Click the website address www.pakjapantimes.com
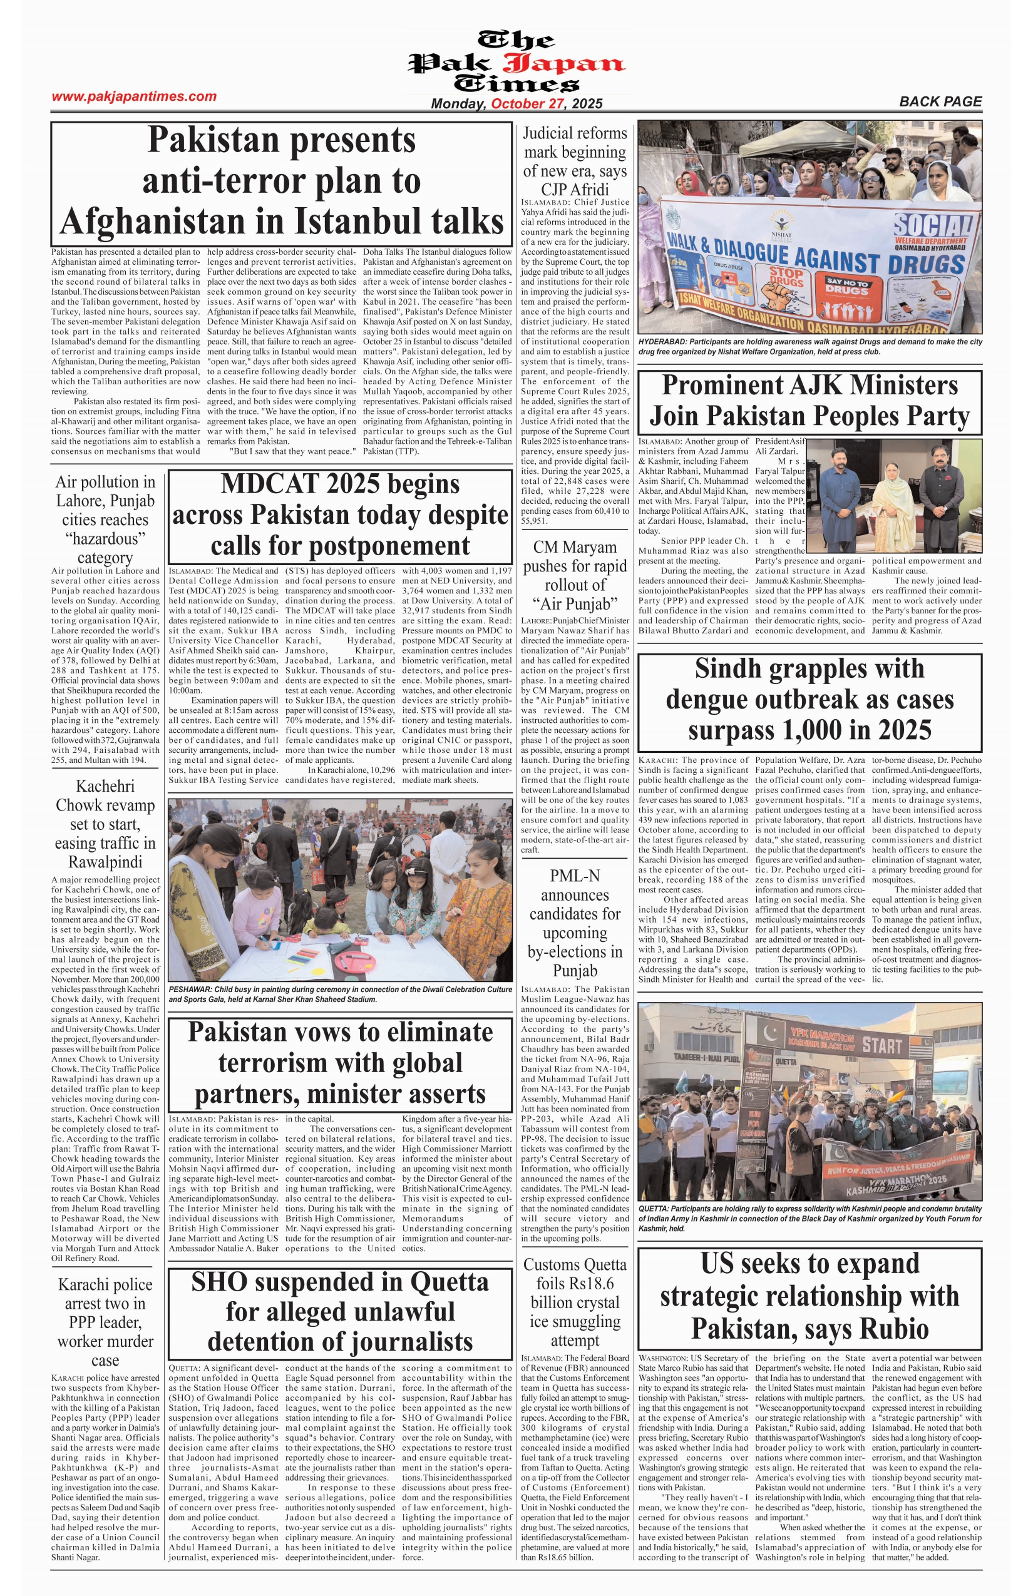(x=134, y=96)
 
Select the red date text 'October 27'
(x=527, y=104)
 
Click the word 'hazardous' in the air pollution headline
(x=105, y=539)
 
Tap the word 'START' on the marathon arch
(x=881, y=1045)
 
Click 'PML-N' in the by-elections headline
(x=575, y=876)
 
